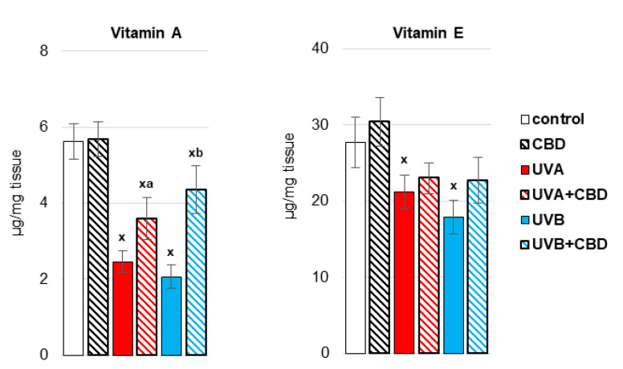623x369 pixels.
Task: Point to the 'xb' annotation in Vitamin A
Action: pos(195,152)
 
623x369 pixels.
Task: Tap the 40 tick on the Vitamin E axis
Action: pos(321,48)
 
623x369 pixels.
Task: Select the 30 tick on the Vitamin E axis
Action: pos(321,124)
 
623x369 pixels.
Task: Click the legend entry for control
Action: pos(555,120)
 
